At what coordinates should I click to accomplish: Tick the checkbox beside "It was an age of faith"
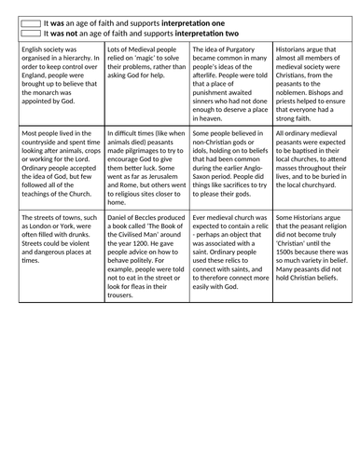[30, 20]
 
